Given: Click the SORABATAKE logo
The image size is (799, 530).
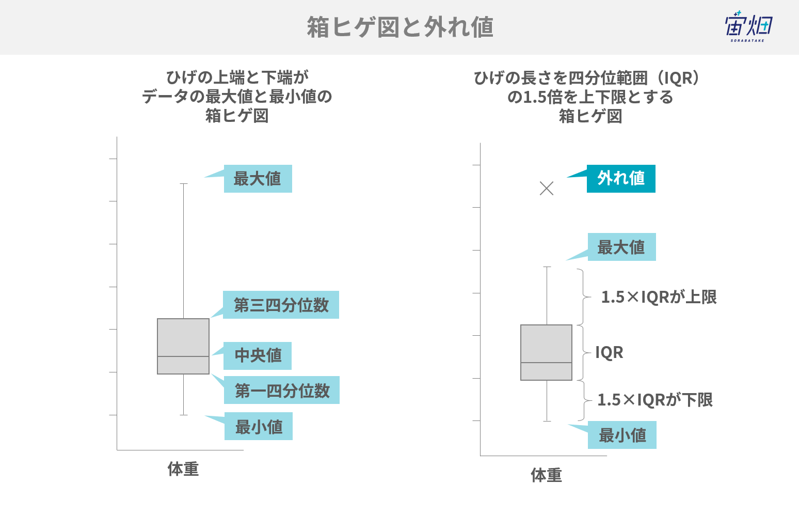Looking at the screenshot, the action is [x=748, y=27].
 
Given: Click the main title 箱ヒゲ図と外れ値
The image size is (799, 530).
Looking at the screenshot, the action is [x=400, y=27].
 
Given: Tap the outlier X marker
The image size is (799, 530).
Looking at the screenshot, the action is [x=547, y=189].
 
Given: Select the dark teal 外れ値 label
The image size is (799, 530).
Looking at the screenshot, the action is [x=621, y=178].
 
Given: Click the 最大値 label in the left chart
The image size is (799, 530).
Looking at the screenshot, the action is [x=258, y=178].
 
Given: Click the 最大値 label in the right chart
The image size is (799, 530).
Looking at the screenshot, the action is [x=622, y=247].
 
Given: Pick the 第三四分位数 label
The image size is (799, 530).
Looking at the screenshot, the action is [x=281, y=305].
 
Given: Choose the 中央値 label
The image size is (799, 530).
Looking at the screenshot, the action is [x=258, y=356].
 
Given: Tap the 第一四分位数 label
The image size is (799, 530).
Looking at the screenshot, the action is [x=282, y=390].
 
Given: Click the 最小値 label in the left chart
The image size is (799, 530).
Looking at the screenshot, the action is [x=259, y=426].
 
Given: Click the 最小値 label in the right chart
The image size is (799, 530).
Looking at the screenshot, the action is [x=622, y=435].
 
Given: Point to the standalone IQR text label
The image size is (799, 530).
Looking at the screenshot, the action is [x=609, y=353].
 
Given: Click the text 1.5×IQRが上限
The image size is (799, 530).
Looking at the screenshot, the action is [x=659, y=297].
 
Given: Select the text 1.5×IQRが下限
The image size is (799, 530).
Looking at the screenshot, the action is [x=655, y=400].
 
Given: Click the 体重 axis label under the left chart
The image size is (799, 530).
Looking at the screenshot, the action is [x=183, y=469].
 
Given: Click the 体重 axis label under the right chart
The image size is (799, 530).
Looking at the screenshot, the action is [x=546, y=475].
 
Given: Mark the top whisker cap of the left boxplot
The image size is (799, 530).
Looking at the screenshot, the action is [x=183, y=183].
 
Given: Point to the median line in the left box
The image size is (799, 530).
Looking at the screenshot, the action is [x=183, y=356].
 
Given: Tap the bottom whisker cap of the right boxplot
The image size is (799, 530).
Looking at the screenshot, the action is [x=547, y=421].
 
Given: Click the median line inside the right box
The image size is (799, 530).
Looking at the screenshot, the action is [x=547, y=363].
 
